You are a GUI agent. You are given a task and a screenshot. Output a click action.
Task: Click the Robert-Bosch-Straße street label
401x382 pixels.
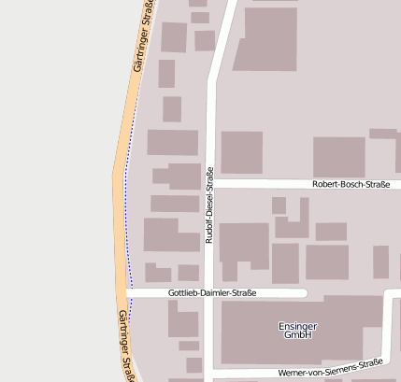(351, 185)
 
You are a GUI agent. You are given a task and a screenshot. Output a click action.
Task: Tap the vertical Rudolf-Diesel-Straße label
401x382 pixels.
(209, 206)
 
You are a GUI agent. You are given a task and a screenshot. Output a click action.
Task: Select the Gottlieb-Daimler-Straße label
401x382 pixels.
(212, 292)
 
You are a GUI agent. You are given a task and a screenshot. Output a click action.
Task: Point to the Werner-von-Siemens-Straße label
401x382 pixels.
(331, 369)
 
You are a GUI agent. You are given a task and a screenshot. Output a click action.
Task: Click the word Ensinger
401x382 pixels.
(298, 326)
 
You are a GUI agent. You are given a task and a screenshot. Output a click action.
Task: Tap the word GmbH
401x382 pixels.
(298, 334)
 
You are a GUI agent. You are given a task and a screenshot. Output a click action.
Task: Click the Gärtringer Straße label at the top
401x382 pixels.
(142, 37)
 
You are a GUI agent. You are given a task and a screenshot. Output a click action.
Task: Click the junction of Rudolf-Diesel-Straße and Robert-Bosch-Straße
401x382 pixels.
(210, 184)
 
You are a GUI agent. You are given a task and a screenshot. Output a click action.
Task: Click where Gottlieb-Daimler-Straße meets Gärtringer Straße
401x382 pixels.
(129, 293)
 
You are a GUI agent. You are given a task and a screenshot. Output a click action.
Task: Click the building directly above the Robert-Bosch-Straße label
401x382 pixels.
(338, 157)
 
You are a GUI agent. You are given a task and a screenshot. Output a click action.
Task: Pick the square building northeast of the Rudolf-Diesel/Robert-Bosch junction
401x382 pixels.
(241, 152)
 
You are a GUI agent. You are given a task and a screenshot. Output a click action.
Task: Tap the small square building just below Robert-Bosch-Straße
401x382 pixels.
(279, 205)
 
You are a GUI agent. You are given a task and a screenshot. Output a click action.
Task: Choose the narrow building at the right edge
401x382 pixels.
(380, 262)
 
